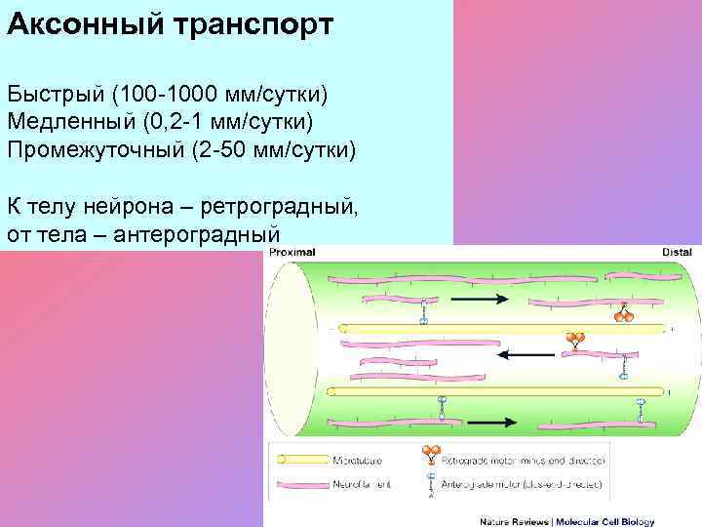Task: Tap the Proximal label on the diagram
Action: coord(292,252)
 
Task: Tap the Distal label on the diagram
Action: coord(677,252)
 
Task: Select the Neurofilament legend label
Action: coord(362,483)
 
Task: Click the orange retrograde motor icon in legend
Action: coord(430,454)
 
